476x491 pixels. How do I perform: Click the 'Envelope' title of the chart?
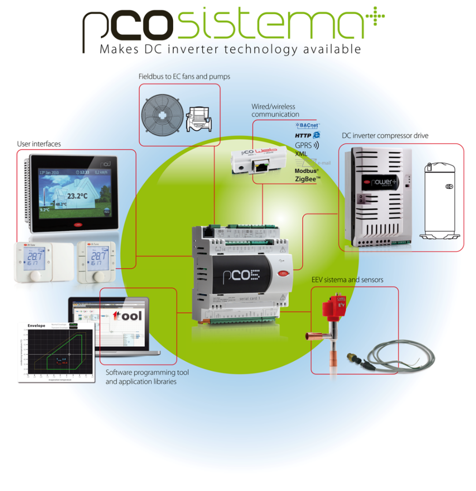pyautogui.click(x=37, y=326)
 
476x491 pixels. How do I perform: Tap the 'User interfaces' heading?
pyautogui.click(x=39, y=144)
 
